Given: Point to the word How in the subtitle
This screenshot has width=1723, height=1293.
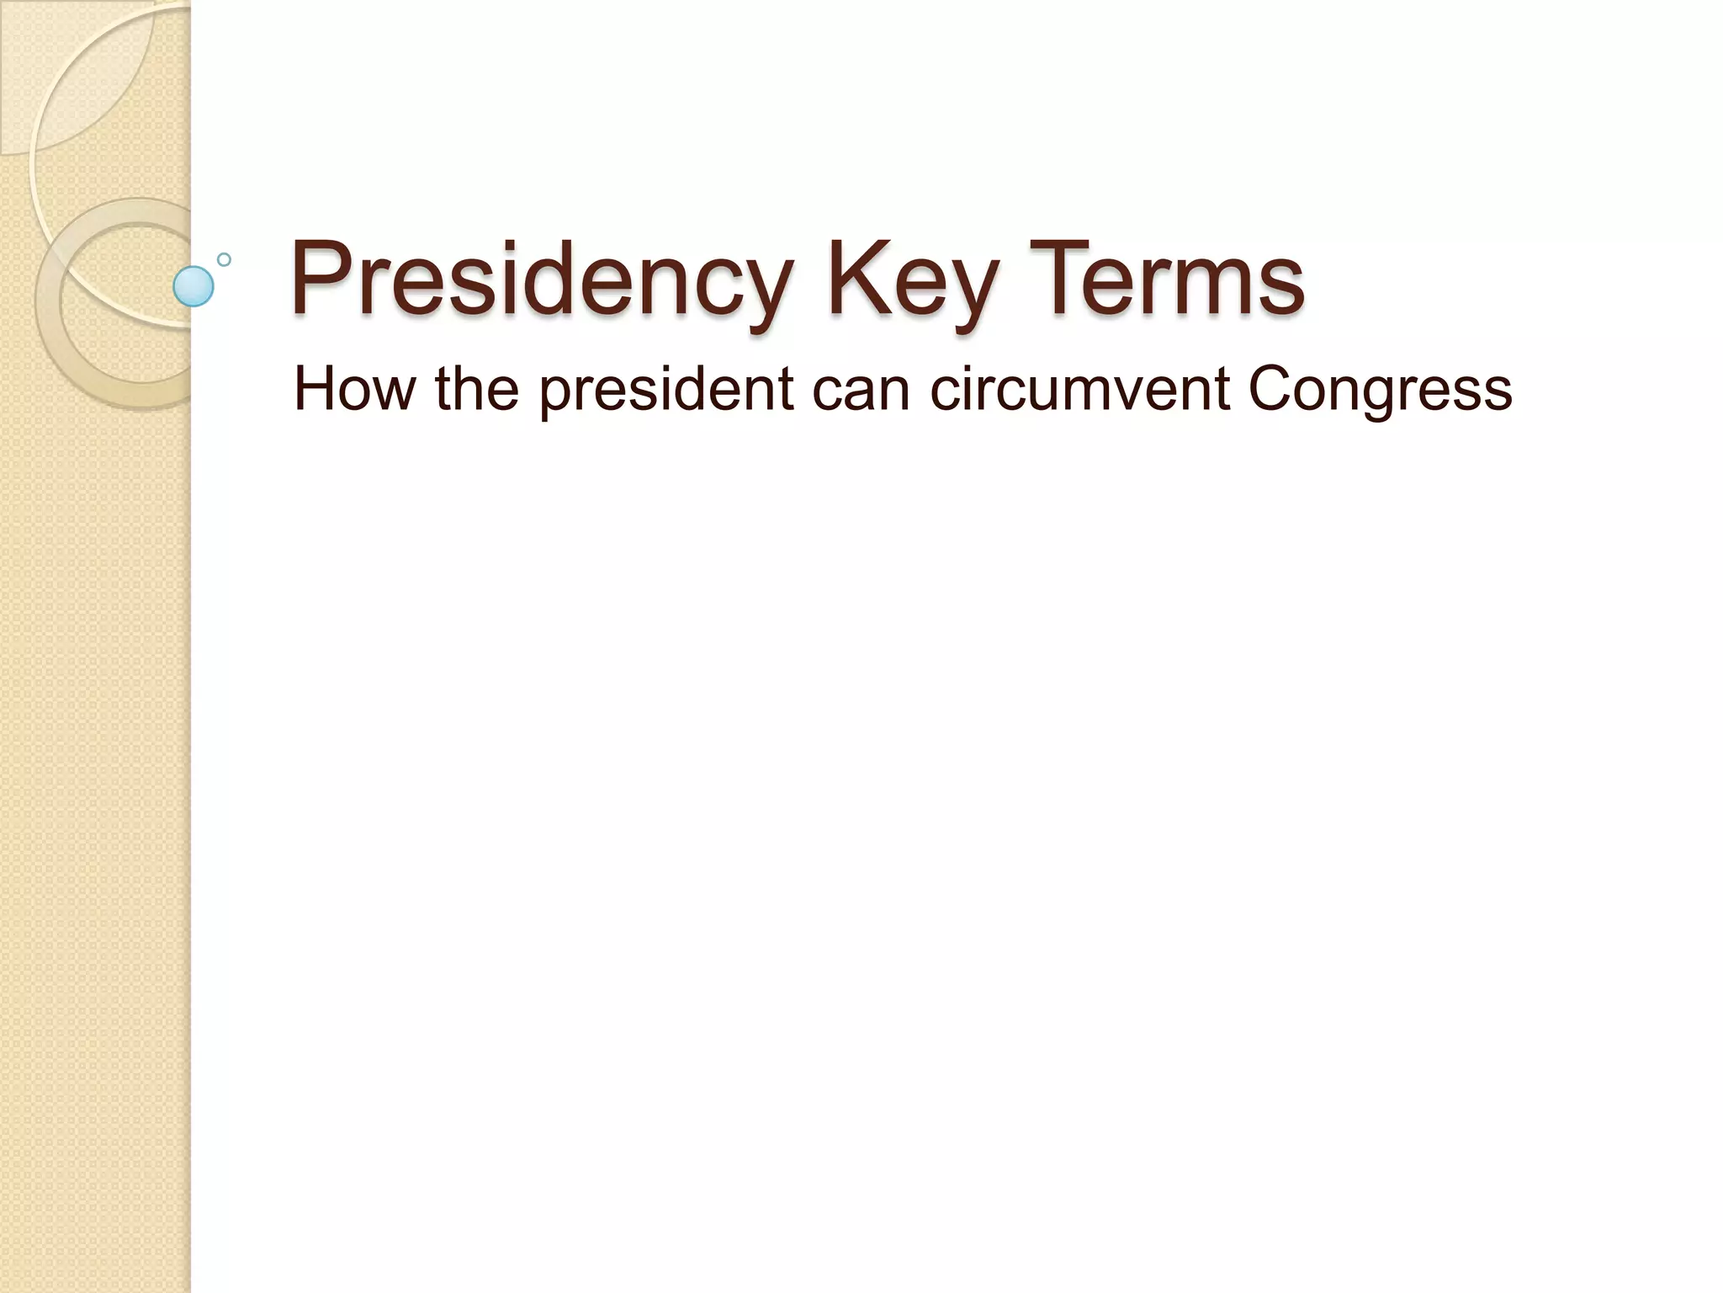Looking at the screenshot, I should click(354, 389).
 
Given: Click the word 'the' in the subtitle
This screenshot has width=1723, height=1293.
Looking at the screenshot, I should click(477, 389).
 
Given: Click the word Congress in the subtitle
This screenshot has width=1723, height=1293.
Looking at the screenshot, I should click(1380, 391).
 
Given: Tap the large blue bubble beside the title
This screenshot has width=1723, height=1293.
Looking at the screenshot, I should click(194, 286).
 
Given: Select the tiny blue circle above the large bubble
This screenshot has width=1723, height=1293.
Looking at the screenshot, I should click(224, 259).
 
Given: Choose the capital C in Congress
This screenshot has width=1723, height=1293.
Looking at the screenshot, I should click(1273, 389).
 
